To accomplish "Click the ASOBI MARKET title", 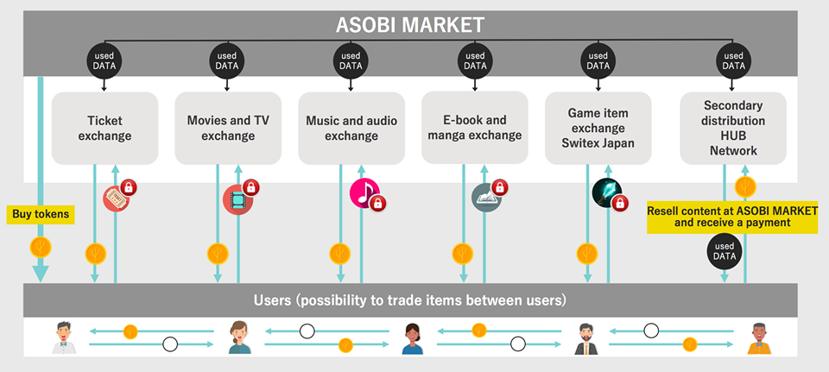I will [410, 24].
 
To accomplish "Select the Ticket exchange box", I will [104, 129].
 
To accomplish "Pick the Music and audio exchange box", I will [351, 129].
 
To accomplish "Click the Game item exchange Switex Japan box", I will [598, 129].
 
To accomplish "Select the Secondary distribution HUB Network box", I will [733, 129].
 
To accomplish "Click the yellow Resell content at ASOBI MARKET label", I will [732, 216].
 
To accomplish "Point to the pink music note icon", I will [363, 193].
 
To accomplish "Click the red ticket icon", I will [116, 198].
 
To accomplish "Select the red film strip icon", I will [237, 199].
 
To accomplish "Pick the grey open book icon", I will [484, 199].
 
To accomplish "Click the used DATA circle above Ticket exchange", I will [104, 61].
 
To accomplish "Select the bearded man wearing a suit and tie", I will [586, 337].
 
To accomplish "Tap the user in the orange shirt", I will [757, 337].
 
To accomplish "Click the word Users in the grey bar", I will [274, 300].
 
